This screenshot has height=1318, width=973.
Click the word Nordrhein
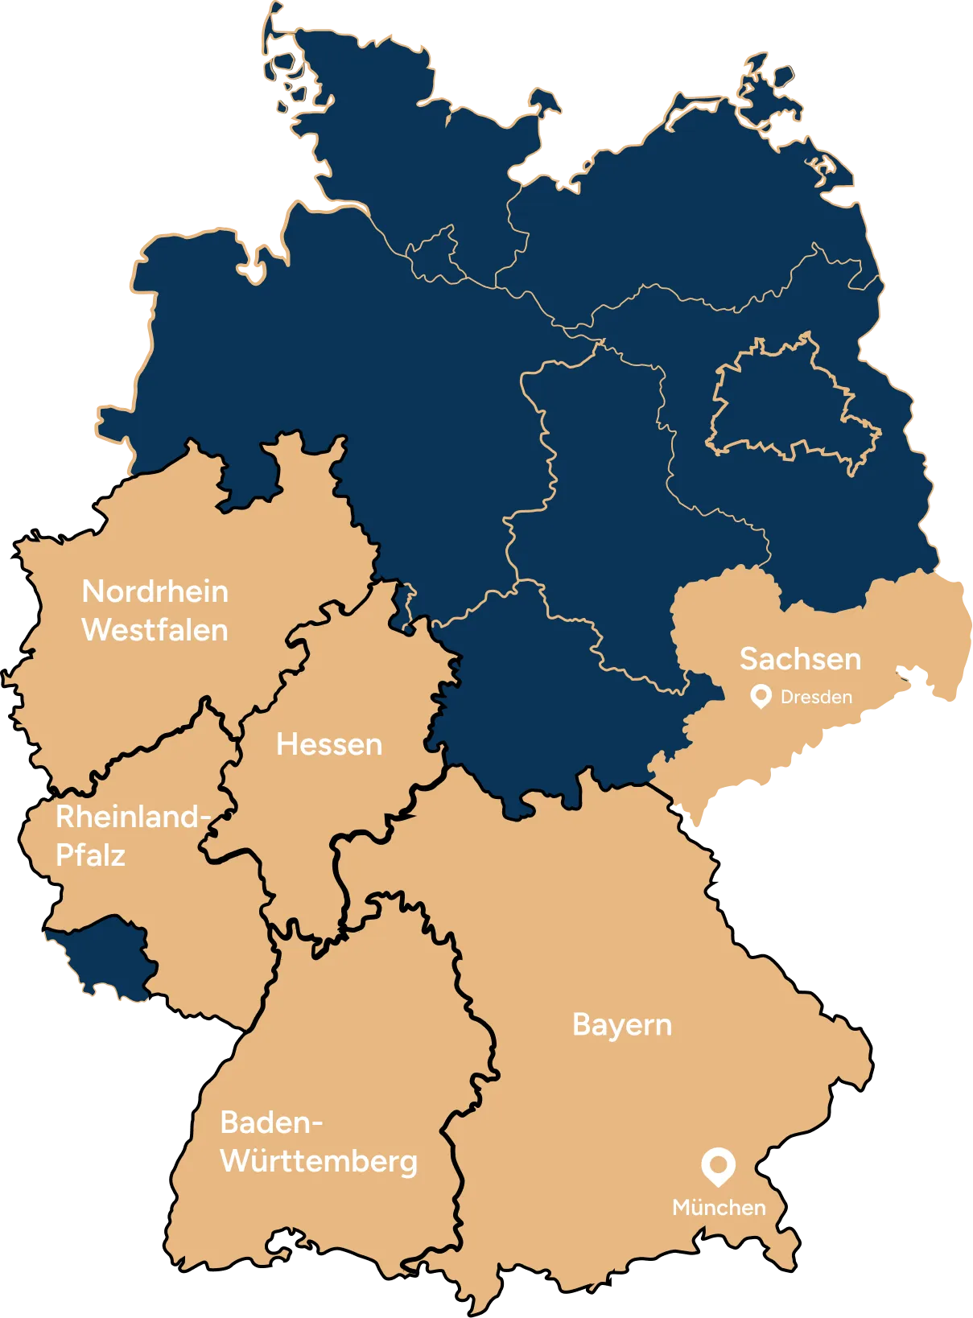[x=155, y=591]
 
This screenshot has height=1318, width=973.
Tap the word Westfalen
[x=155, y=630]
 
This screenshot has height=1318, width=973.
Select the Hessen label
[x=329, y=744]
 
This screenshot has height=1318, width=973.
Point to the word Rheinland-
[x=133, y=818]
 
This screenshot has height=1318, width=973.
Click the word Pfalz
[x=90, y=855]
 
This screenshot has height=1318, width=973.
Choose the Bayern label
[x=622, y=1025]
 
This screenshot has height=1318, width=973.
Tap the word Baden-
[x=271, y=1122]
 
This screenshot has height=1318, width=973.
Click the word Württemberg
[x=319, y=1161]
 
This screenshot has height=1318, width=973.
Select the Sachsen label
[x=800, y=659]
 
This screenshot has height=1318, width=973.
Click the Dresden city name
[x=816, y=697]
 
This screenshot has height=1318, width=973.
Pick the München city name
[x=719, y=1208]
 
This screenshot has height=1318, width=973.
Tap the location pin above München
[x=718, y=1166]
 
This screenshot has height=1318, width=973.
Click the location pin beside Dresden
[x=761, y=696]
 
